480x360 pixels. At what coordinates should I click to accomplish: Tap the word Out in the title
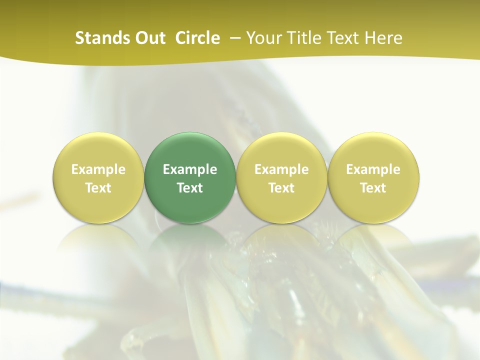coord(149,38)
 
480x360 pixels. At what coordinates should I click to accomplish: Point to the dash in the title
coord(233,38)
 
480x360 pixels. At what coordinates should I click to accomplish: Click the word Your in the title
coord(262,38)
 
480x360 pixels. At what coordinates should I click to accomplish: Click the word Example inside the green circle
coord(190,169)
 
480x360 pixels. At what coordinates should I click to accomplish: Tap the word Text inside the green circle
coord(190,188)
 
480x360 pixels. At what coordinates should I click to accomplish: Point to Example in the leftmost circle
coord(98,169)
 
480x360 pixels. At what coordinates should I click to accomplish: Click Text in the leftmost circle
coord(98,188)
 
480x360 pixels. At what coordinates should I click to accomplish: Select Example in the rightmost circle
coord(373,169)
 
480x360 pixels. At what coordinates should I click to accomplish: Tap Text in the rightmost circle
coord(373,188)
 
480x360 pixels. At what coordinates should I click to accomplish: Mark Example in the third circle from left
coord(281,169)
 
